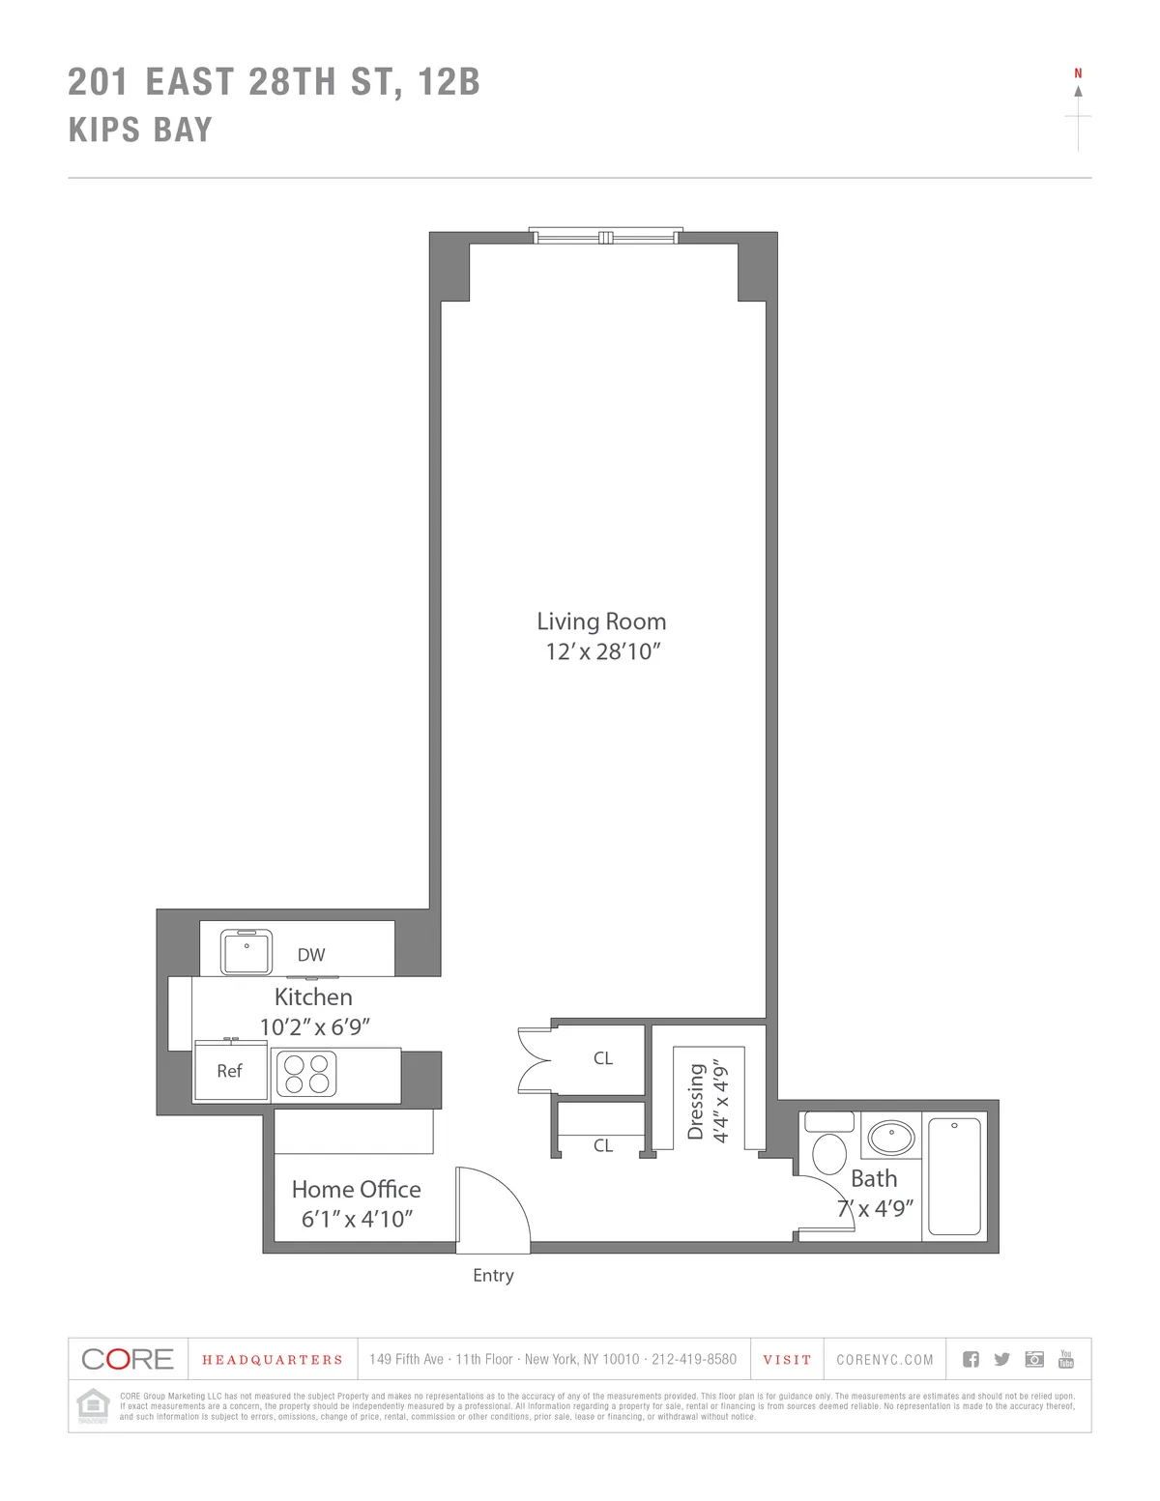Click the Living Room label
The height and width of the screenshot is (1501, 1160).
point(601,621)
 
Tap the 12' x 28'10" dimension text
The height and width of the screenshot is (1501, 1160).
point(601,651)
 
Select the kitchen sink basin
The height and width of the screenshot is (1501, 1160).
point(246,953)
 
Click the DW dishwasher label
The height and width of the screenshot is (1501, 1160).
point(311,955)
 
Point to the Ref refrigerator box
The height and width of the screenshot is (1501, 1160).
point(230,1071)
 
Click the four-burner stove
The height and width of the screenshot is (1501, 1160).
point(306,1074)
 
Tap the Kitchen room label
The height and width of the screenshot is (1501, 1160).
point(313,997)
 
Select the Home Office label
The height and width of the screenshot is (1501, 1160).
point(356,1190)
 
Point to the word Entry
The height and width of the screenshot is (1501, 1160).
point(493,1276)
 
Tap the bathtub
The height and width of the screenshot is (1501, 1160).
point(954,1176)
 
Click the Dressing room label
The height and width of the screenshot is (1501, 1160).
point(695,1102)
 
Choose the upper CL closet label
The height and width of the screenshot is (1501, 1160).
point(603,1058)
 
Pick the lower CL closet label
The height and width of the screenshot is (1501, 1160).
point(603,1146)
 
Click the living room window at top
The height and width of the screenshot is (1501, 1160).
point(606,237)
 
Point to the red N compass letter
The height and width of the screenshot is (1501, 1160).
point(1078,73)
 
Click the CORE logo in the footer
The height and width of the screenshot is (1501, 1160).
point(128,1359)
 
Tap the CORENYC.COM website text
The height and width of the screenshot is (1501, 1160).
point(885,1360)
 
